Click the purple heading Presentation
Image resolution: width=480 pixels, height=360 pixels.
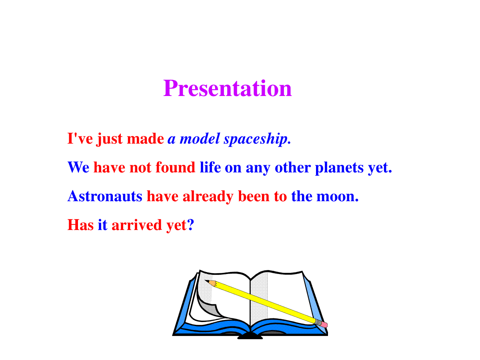[x=227, y=88]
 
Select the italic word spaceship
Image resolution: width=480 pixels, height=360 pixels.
[x=257, y=139]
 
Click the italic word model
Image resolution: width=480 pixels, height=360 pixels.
[x=200, y=138]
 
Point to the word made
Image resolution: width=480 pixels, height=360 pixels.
[x=145, y=138]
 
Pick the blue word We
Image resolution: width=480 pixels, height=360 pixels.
[x=78, y=167]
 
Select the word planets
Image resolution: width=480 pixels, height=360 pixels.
[x=339, y=168]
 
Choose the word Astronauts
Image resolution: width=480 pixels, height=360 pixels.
[x=105, y=196]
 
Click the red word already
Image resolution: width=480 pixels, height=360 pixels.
[x=208, y=196]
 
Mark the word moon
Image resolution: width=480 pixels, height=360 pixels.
[x=337, y=196]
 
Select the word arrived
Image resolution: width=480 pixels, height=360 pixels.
[x=137, y=225]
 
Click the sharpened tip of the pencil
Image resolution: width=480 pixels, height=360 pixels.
[x=205, y=280]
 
